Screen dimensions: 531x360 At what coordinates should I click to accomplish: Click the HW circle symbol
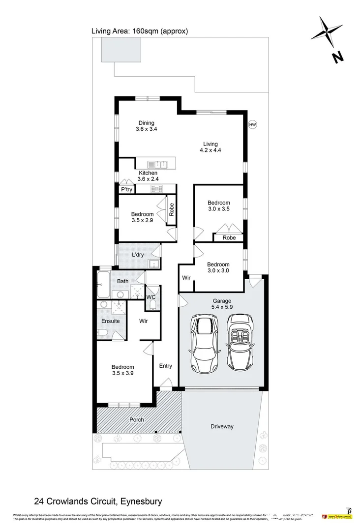(x=253, y=125)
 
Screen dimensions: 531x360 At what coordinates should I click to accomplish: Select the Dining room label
(x=146, y=123)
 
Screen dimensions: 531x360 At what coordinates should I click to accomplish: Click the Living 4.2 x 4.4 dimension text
(x=210, y=150)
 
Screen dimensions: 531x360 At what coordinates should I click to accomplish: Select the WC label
(x=151, y=297)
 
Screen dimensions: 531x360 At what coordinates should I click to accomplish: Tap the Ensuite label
(x=111, y=321)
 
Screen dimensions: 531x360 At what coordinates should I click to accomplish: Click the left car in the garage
(x=204, y=344)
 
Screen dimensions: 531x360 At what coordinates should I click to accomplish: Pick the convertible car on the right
(x=240, y=344)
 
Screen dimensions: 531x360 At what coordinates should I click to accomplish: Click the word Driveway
(x=222, y=426)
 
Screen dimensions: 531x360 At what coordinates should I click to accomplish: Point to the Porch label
(x=137, y=419)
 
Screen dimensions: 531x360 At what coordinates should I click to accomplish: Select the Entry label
(x=166, y=366)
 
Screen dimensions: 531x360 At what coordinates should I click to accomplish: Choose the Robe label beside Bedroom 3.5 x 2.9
(x=172, y=211)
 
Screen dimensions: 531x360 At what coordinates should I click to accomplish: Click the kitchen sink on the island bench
(x=160, y=164)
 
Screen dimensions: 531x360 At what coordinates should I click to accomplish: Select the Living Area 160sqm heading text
(x=140, y=31)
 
